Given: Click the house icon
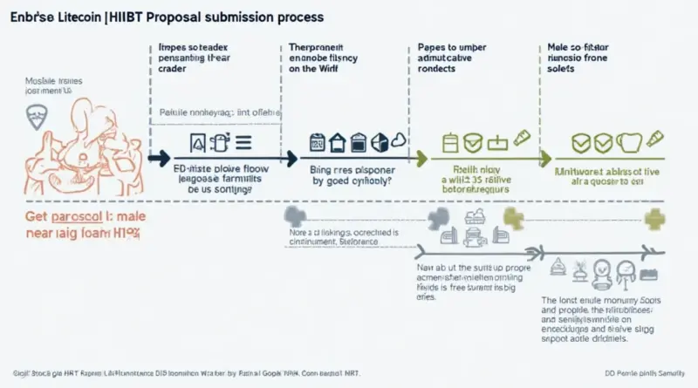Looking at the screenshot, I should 337,142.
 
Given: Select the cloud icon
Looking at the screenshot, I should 399,142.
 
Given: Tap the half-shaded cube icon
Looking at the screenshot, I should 378,142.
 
